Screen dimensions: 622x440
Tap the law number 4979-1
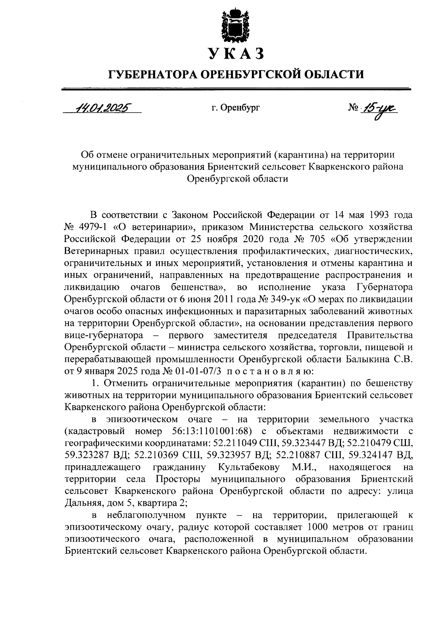tap(91, 226)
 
